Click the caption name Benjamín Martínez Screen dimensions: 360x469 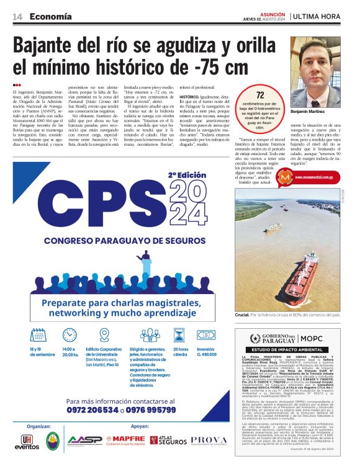click(x=325, y=111)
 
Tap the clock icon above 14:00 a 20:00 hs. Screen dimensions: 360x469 click(x=70, y=334)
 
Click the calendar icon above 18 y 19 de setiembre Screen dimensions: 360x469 click(x=35, y=334)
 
